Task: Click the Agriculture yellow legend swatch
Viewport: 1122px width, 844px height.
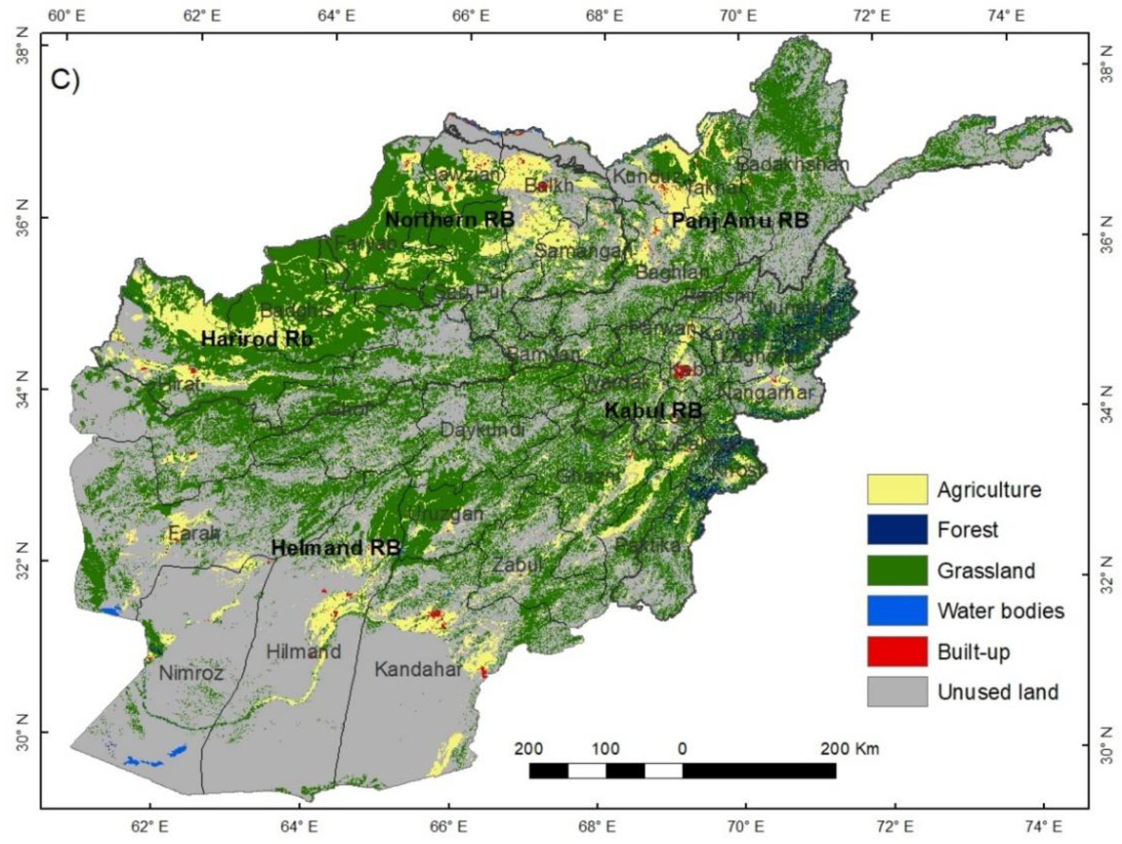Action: coord(897,489)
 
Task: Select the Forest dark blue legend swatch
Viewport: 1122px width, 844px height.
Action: coord(897,529)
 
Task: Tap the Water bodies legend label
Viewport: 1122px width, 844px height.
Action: coord(1000,611)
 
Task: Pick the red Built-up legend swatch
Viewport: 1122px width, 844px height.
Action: coord(897,652)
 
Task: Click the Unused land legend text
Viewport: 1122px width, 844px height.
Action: coord(997,692)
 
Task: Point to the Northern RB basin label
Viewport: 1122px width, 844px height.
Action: coord(449,220)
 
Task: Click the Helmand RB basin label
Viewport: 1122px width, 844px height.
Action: coord(336,547)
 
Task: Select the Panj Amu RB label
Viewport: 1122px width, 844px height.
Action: coord(739,220)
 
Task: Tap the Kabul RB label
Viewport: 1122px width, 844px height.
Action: coord(652,410)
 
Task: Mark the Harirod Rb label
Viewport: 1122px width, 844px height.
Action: coord(257,339)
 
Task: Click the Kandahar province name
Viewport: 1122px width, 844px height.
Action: coord(418,669)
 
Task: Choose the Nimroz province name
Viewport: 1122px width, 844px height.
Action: coord(191,672)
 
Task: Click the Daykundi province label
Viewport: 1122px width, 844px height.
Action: coord(482,429)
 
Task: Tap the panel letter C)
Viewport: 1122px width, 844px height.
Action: coord(65,79)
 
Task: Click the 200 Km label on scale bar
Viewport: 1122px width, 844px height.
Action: coord(849,749)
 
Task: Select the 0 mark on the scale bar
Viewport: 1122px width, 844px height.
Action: coord(681,749)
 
